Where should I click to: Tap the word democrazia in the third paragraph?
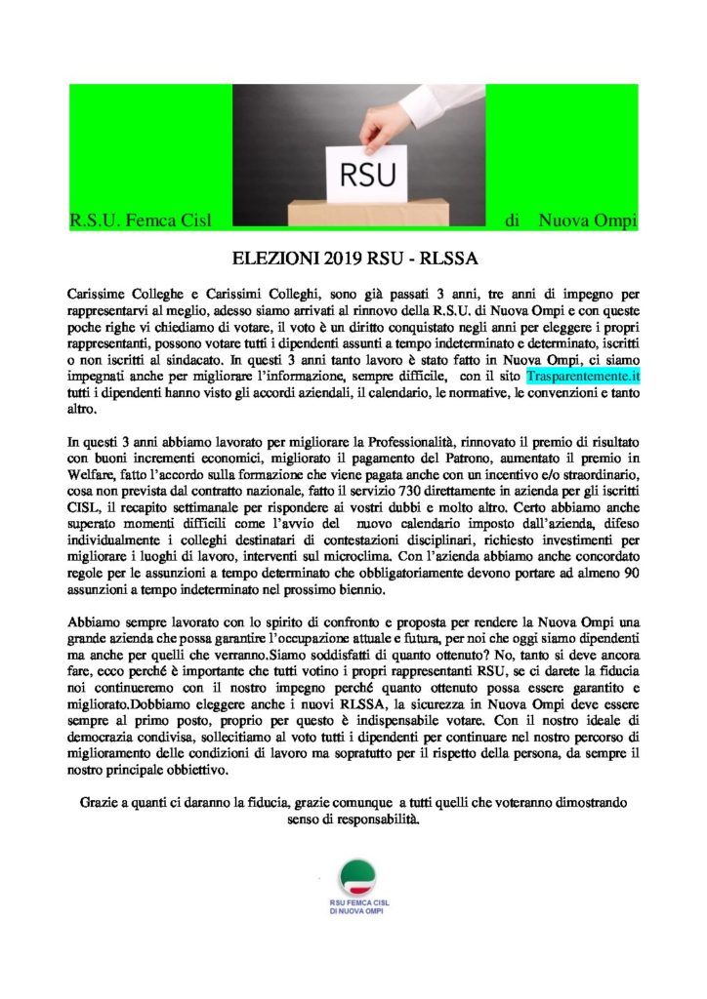coord(106,738)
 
